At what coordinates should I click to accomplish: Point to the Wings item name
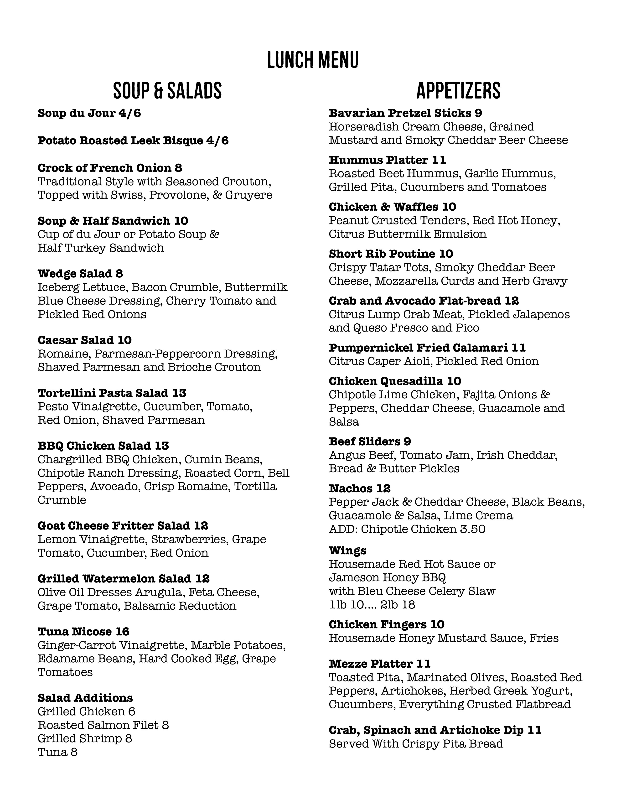tap(347, 551)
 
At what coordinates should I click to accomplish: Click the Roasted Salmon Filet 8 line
tap(103, 725)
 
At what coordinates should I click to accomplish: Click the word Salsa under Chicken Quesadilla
tap(344, 422)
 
